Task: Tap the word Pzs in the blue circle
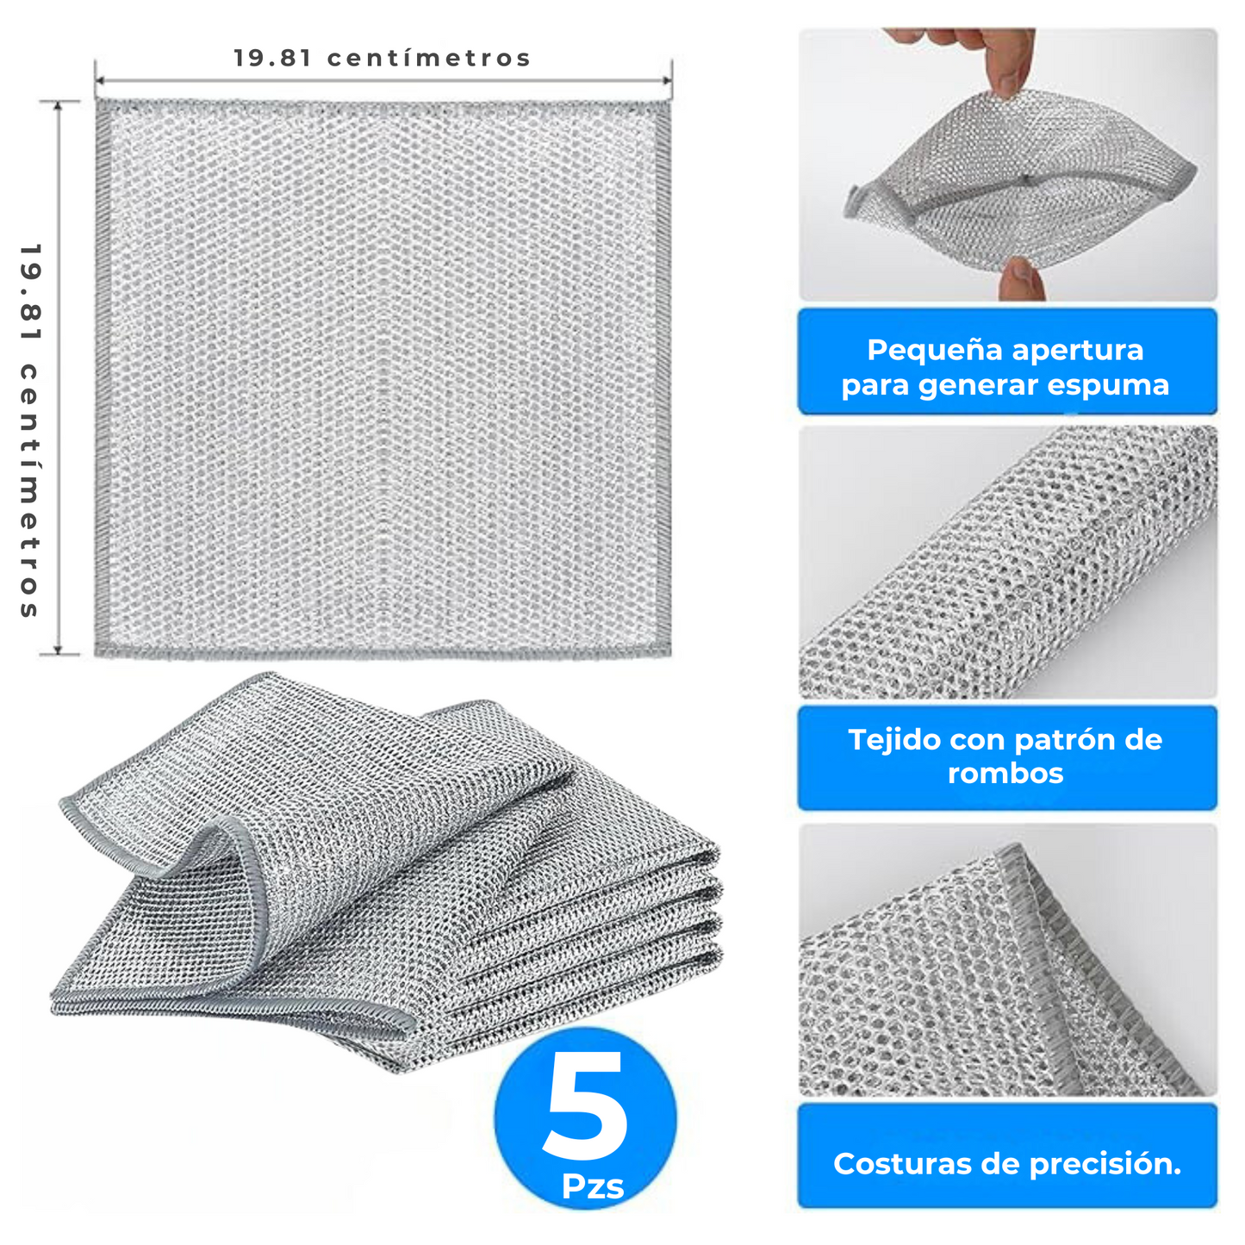[593, 1187]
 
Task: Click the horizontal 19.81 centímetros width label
[382, 58]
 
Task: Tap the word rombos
[1005, 774]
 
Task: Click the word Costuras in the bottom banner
[903, 1164]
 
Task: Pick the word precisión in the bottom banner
[1105, 1164]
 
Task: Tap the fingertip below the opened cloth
[1022, 280]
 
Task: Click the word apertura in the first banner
[1078, 350]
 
